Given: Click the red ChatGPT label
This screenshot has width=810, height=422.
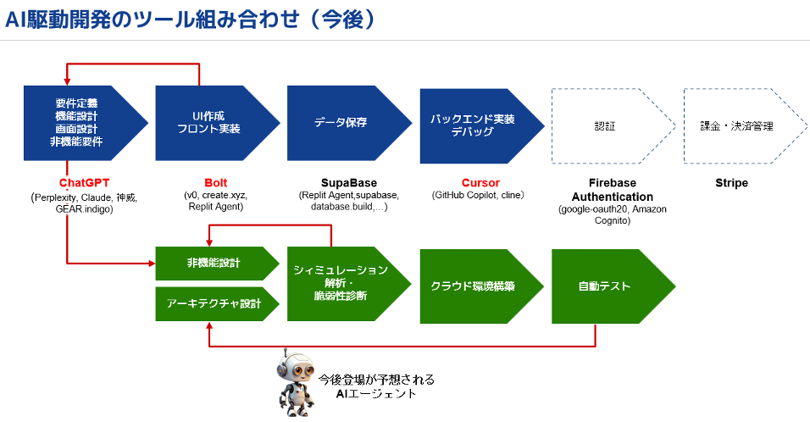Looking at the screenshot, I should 85,183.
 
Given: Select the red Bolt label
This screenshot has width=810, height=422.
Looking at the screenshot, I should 216,183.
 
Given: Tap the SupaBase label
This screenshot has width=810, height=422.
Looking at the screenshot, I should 349,183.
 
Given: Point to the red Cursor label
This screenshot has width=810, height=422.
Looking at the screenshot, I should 480,183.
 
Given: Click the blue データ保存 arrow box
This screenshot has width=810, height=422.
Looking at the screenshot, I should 343,124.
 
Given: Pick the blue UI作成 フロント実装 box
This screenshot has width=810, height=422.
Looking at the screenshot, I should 212,124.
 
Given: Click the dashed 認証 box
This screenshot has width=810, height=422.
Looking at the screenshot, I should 607,125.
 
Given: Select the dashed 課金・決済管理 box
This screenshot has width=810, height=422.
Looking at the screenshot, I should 737,125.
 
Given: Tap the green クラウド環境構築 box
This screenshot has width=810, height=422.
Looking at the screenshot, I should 474,286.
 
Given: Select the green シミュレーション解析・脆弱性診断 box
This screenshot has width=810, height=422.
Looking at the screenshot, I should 342,283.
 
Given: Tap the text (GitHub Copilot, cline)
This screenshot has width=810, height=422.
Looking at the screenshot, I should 479,196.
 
